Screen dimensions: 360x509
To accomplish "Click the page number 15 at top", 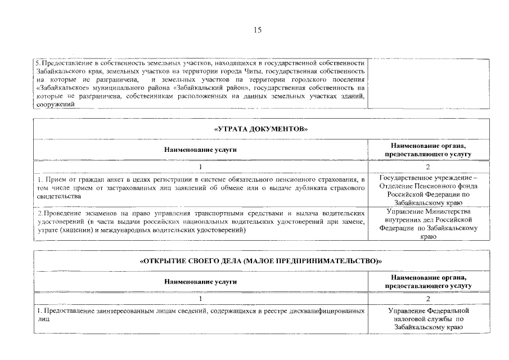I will pyautogui.click(x=257, y=30).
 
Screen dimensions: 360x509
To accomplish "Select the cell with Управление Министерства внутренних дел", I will pyautogui.click(x=428, y=224).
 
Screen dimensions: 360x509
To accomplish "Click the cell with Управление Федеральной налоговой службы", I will pyautogui.click(x=428, y=318).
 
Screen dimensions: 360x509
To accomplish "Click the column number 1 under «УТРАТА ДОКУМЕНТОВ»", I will pyautogui.click(x=200, y=166).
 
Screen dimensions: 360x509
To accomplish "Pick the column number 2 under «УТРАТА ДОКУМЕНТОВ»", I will pyautogui.click(x=428, y=166).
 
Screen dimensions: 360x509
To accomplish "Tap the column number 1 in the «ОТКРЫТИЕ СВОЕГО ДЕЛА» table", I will pyautogui.click(x=200, y=299).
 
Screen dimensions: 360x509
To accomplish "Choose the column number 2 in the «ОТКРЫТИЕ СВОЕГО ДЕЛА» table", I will pyautogui.click(x=428, y=299).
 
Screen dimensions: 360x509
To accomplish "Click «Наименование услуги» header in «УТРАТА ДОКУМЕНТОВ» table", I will pyautogui.click(x=200, y=150).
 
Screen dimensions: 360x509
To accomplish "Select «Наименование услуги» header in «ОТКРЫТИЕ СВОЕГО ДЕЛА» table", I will pyautogui.click(x=200, y=282).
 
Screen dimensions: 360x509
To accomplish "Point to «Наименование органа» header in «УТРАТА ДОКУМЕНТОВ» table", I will pyautogui.click(x=428, y=146).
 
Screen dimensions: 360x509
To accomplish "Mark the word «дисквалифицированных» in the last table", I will pyautogui.click(x=326, y=310).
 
